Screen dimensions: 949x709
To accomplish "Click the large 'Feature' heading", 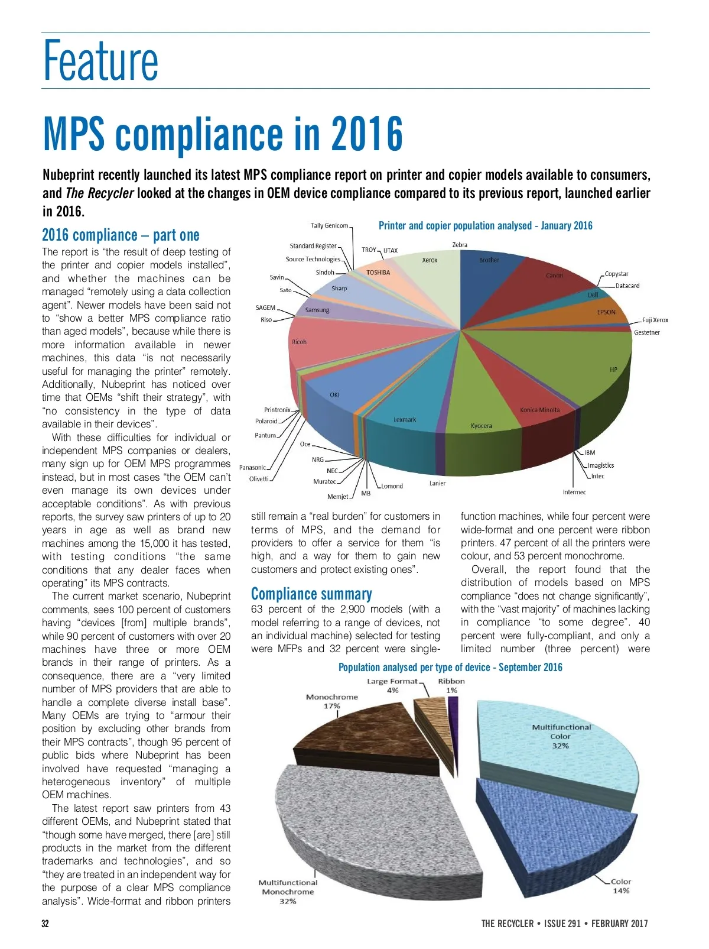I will tap(101, 60).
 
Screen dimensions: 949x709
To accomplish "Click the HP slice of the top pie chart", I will tap(567, 367).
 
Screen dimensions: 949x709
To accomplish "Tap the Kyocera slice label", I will tap(481, 426).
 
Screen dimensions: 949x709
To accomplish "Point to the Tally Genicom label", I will tap(330, 225).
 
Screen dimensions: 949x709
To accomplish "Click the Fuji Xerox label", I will tap(655, 320).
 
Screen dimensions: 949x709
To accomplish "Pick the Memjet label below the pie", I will tap(338, 497).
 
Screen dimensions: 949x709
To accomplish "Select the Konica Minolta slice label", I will tap(539, 410).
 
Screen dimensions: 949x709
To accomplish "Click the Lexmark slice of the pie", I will tap(405, 414).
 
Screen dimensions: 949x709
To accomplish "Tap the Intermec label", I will tap(574, 492).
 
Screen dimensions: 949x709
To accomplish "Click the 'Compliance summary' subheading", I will tap(311, 594).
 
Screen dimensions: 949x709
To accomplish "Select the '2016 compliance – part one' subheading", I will tap(121, 235).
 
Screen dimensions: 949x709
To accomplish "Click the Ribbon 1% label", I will tap(451, 685).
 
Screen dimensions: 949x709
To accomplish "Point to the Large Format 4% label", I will tap(392, 685).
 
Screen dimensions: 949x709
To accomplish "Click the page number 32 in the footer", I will tap(45, 924).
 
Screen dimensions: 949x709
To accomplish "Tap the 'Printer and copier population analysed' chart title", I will tap(485, 225).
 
